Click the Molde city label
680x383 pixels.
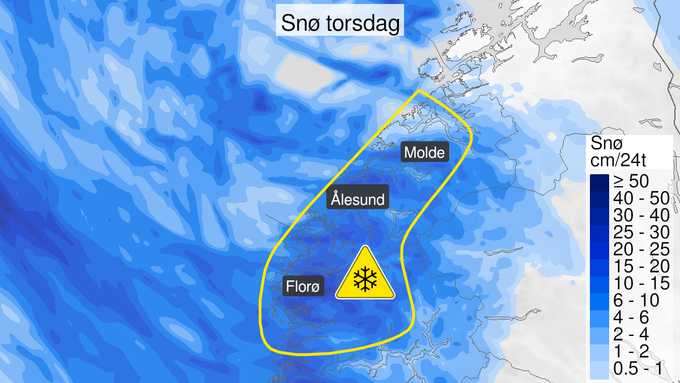425,153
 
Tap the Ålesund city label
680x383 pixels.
358,200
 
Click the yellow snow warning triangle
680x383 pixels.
365,275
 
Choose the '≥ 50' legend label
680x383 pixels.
632,182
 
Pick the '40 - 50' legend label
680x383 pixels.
640,199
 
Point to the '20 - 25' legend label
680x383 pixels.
640,250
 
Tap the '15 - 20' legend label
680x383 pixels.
640,267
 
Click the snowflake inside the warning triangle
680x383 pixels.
365,279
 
